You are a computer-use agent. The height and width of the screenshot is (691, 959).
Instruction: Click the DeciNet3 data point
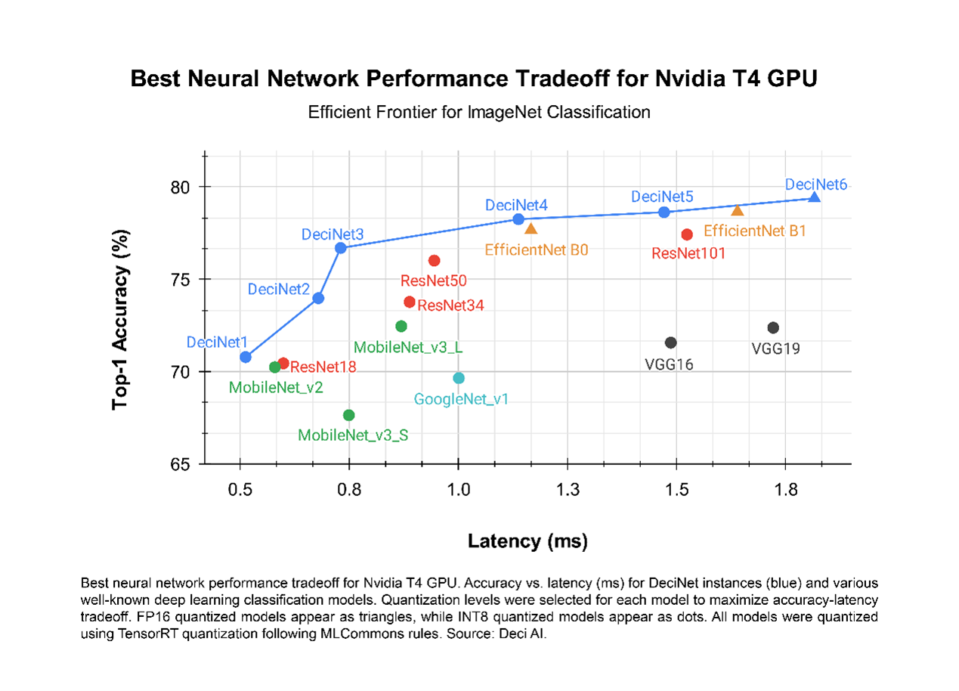340,248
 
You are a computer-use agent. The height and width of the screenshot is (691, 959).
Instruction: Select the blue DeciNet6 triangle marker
814,197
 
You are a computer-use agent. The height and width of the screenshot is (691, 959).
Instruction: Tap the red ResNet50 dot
434,261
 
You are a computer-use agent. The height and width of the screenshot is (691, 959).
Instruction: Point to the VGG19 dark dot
772,327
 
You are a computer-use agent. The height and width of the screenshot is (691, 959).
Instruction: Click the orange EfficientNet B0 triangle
531,228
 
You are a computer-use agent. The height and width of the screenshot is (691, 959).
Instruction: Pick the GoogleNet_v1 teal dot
458,378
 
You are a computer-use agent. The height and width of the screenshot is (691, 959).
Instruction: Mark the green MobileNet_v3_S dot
348,415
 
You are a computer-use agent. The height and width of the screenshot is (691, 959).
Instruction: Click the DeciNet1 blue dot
246,357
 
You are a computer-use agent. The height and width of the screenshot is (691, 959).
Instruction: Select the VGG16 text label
669,364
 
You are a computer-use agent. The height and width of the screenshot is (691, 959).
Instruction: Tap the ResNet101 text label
688,254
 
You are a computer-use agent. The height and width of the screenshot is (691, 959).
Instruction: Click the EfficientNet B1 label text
754,231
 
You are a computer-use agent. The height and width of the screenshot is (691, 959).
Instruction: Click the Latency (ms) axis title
527,541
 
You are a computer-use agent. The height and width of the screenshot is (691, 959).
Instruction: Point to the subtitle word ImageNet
505,113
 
